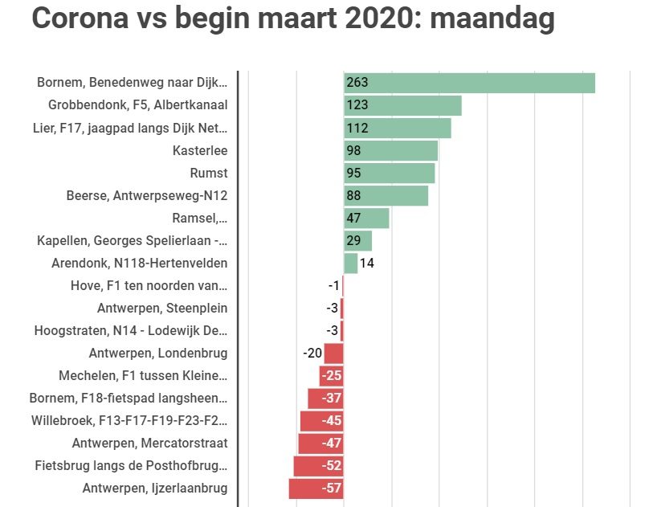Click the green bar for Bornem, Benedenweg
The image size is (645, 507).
[469, 83]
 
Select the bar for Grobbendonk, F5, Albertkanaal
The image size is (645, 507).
[402, 105]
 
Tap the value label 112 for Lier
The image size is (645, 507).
[357, 128]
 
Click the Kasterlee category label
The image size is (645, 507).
[200, 150]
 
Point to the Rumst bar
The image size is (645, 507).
[389, 173]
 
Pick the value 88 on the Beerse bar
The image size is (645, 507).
[353, 195]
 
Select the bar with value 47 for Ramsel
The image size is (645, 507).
[366, 218]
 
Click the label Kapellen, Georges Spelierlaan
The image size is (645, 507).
[132, 240]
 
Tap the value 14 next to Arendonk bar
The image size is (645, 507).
[366, 263]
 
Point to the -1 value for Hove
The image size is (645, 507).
[333, 285]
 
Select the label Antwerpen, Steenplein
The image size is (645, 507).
[161, 308]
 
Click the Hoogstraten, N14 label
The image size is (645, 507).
[130, 330]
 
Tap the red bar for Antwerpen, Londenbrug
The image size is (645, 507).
[333, 353]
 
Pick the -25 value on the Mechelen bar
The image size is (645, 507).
[331, 375]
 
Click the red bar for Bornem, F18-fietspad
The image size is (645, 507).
[325, 398]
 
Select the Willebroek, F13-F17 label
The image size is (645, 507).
[129, 420]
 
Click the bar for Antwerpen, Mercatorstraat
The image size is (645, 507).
[320, 443]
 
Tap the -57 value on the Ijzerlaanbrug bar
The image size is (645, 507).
[331, 488]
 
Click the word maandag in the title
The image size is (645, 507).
[492, 18]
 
